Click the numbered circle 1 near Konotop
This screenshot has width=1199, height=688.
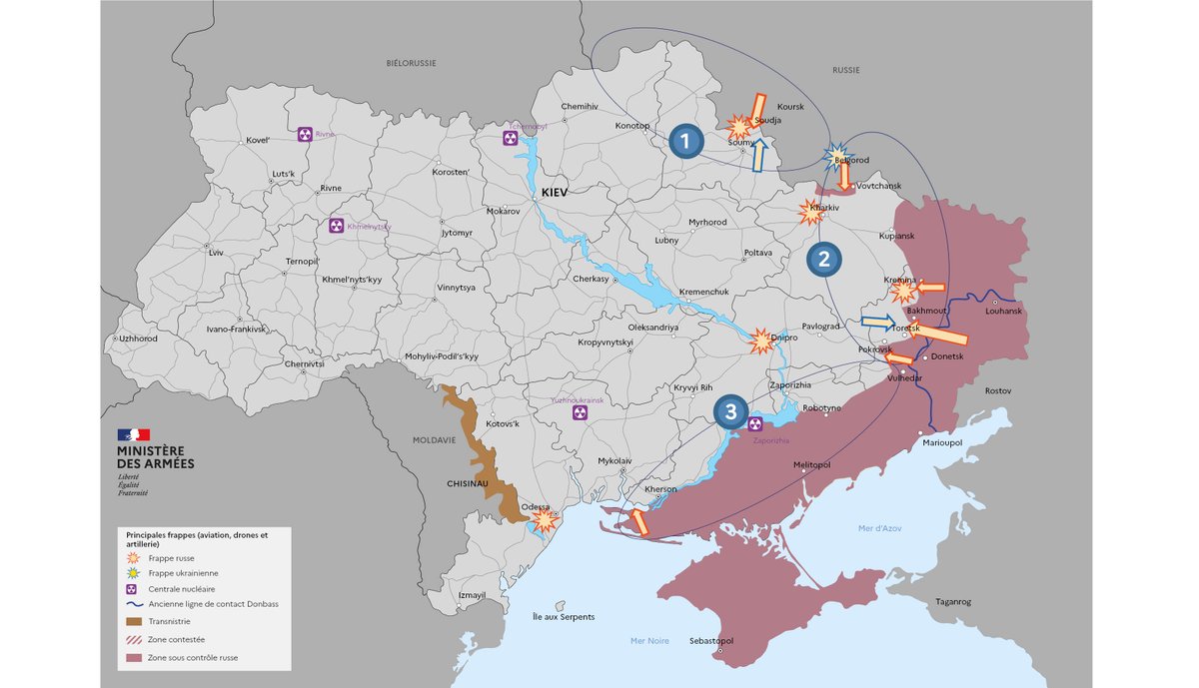(684, 142)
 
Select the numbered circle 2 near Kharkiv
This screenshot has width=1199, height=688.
(824, 260)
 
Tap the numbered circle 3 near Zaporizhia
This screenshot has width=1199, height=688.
(731, 410)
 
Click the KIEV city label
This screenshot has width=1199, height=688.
(554, 191)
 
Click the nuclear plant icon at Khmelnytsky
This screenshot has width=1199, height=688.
(336, 227)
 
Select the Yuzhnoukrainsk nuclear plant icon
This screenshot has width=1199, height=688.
(577, 411)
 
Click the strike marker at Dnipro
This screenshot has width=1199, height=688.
(761, 342)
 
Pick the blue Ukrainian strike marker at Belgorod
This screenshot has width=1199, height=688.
(835, 157)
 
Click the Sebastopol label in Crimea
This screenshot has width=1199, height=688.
(711, 640)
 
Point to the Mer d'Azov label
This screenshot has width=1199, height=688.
(879, 527)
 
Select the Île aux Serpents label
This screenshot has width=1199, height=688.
(564, 617)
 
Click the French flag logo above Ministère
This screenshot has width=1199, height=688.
(134, 434)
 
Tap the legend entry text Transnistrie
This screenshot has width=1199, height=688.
(171, 621)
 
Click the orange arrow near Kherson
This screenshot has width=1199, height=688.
(636, 520)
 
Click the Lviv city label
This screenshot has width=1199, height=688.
(217, 253)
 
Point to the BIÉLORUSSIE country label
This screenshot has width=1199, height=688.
(412, 63)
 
